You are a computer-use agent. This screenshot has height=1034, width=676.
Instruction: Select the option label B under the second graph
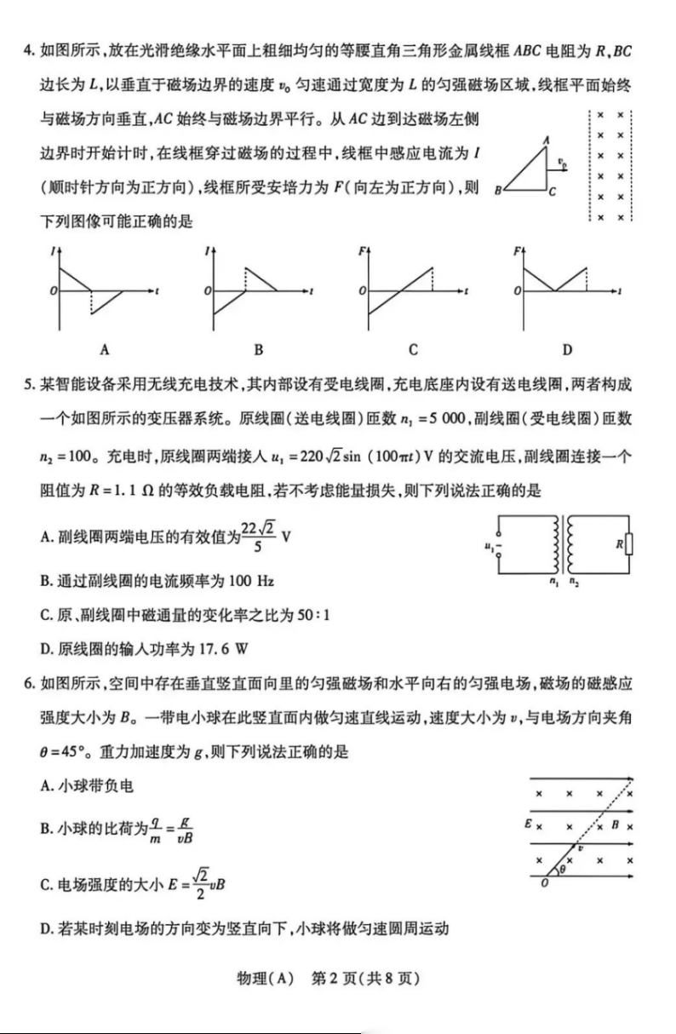point(258,349)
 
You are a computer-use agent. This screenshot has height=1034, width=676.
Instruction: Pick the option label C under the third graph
point(413,349)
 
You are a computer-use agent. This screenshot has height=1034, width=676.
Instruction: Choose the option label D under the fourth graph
point(567,349)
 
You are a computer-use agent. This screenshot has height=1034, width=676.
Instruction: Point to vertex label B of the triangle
point(497,192)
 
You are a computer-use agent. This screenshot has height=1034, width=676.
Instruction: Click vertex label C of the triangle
point(553,192)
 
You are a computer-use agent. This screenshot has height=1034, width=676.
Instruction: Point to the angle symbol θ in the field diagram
point(561,870)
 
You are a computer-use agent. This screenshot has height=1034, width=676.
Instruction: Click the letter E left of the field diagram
point(528,824)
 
